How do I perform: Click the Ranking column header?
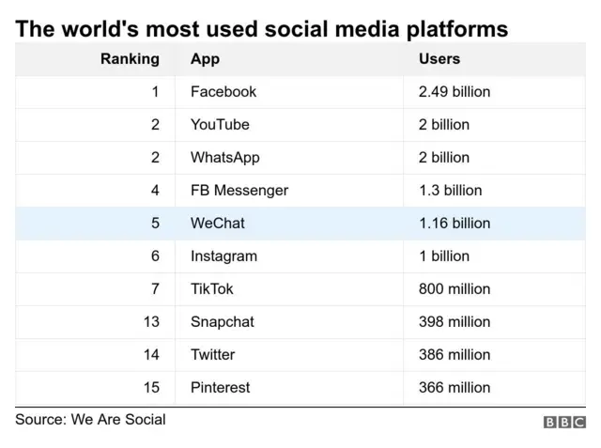pyautogui.click(x=130, y=59)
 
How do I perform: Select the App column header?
pyautogui.click(x=205, y=59)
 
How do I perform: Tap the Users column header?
pyautogui.click(x=439, y=59)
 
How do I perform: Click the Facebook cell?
pyautogui.click(x=223, y=92)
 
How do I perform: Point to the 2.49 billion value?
pyautogui.click(x=454, y=92)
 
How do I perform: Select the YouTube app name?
pyautogui.click(x=220, y=125)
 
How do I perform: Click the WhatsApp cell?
pyautogui.click(x=224, y=158)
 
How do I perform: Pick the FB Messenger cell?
pyautogui.click(x=239, y=191)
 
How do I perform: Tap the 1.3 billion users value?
pyautogui.click(x=450, y=191)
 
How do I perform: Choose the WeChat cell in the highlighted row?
pyautogui.click(x=217, y=224)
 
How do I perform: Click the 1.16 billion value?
pyautogui.click(x=454, y=224)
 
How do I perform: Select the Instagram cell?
pyautogui.click(x=223, y=256)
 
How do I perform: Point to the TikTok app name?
pyautogui.click(x=212, y=289)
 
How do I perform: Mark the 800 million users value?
pyautogui.click(x=454, y=289)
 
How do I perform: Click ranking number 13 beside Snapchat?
pyautogui.click(x=151, y=322)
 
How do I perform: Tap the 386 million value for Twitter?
pyautogui.click(x=454, y=355)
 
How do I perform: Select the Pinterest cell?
pyautogui.click(x=220, y=388)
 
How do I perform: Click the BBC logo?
pyautogui.click(x=564, y=423)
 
